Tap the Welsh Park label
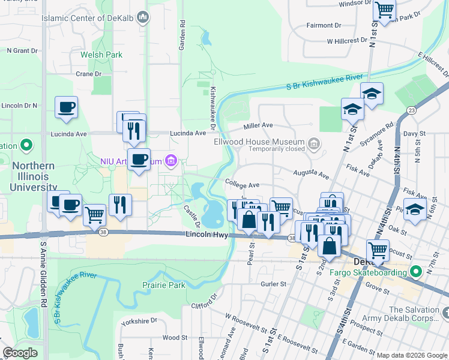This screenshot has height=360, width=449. pyautogui.click(x=101, y=55)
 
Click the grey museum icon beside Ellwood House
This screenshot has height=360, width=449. pyautogui.click(x=314, y=143)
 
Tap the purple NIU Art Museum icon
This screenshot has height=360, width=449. pyautogui.click(x=172, y=160)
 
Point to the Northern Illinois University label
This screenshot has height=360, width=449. pyautogui.click(x=40, y=176)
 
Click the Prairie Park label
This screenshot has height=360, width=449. pyautogui.click(x=164, y=285)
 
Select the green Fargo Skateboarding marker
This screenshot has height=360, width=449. pyautogui.click(x=414, y=271)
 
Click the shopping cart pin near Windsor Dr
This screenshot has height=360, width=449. pyautogui.click(x=384, y=10)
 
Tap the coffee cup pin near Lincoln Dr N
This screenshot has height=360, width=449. pyautogui.click(x=66, y=107)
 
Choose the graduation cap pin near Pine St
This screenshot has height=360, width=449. pyautogui.click(x=415, y=210)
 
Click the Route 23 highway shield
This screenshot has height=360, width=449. pyautogui.click(x=411, y=110)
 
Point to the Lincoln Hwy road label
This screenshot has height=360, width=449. pyautogui.click(x=206, y=235)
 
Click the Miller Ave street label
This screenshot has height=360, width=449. pyautogui.click(x=258, y=125)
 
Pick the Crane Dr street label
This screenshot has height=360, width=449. pyautogui.click(x=89, y=74)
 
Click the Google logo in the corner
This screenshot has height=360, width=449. pyautogui.click(x=20, y=352)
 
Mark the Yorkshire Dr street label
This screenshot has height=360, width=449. pyautogui.click(x=138, y=321)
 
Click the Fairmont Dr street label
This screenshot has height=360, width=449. pyautogui.click(x=324, y=25)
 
